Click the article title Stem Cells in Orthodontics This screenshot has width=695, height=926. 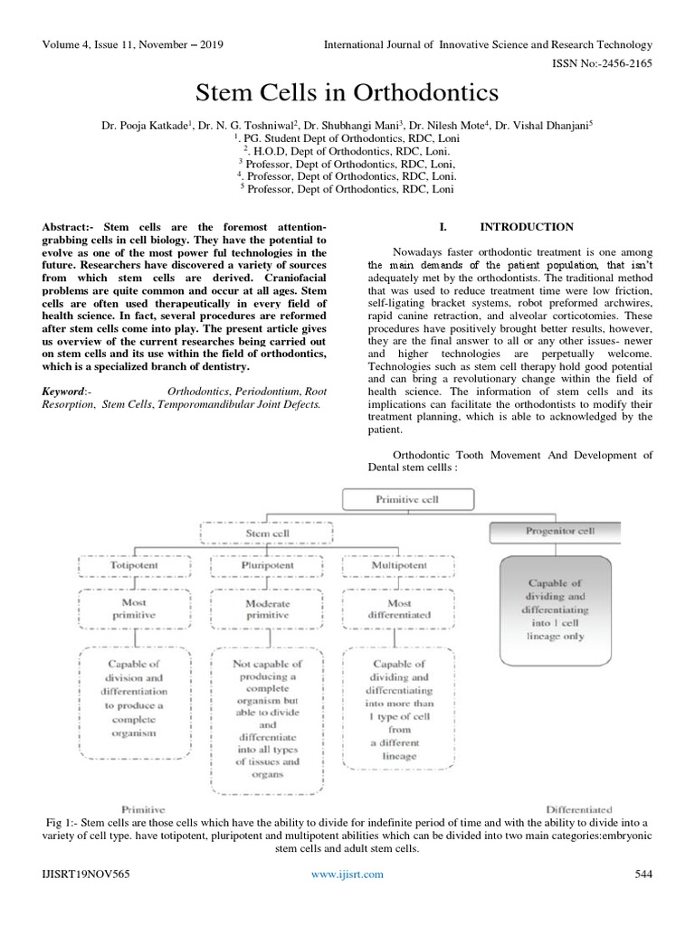coord(347,93)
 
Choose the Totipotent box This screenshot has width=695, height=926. coord(133,567)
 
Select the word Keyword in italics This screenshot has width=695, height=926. coord(65,391)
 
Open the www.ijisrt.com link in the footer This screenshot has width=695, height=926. coord(347,874)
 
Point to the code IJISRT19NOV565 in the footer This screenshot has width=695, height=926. coord(82,874)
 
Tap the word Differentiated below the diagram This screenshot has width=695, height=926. coord(579,808)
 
